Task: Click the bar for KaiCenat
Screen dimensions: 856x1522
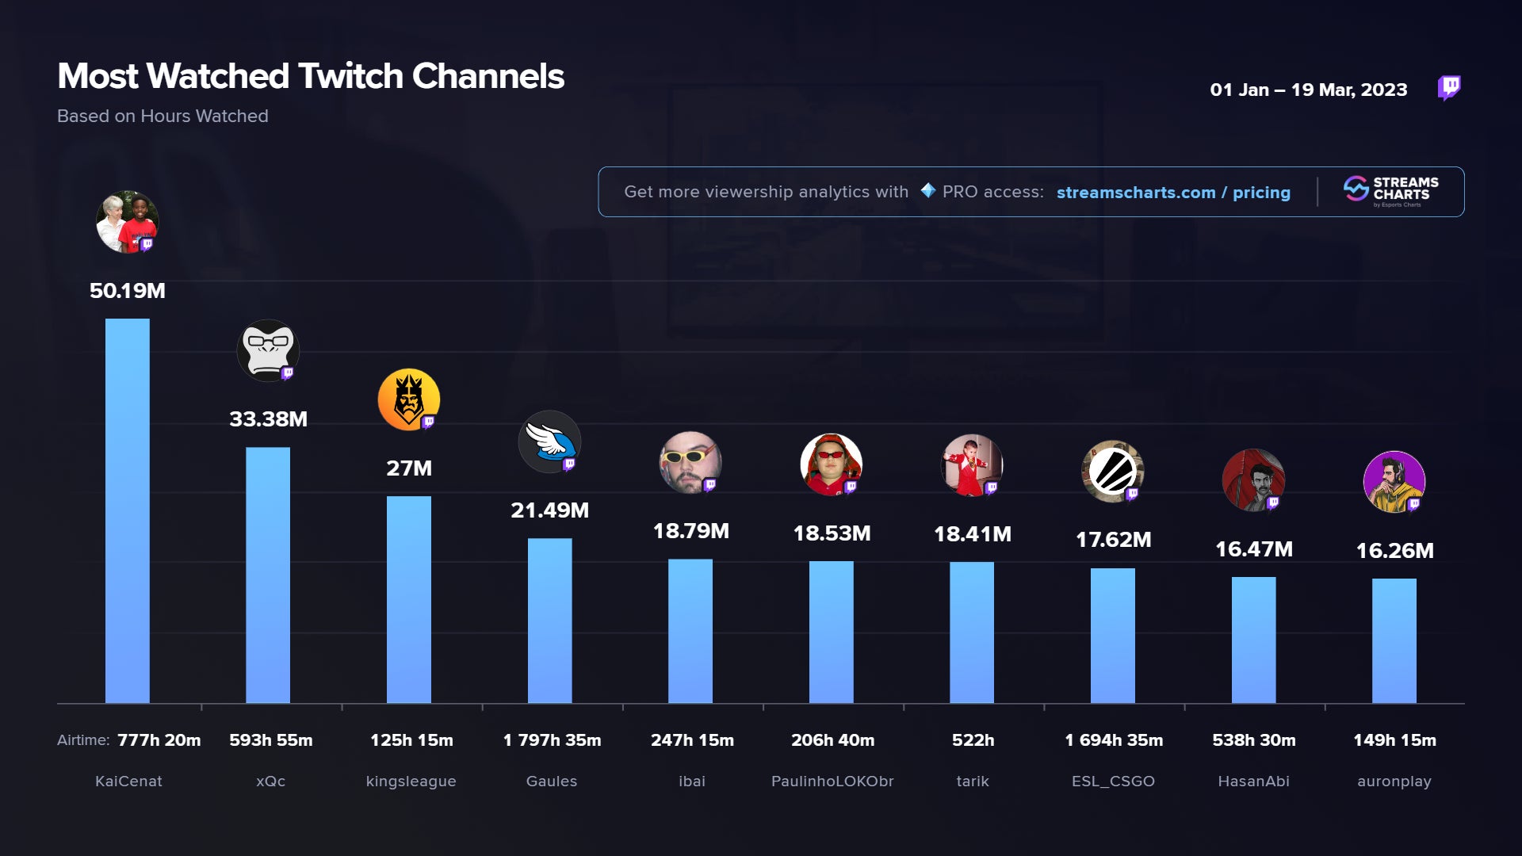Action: tap(127, 510)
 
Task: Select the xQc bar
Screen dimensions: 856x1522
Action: tap(268, 575)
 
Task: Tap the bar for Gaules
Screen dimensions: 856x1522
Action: tap(549, 621)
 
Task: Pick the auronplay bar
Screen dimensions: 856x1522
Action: tap(1394, 640)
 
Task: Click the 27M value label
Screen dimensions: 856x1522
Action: tap(409, 468)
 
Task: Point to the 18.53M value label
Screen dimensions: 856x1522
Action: tap(832, 533)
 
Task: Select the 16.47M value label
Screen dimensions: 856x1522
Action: tap(1254, 549)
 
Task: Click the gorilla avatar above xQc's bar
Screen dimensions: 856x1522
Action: tap(268, 350)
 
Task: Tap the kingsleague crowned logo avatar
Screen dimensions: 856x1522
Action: tap(409, 399)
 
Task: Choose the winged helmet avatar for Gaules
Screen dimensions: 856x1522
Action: tap(549, 441)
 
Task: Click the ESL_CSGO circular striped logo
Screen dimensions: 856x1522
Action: tap(1113, 472)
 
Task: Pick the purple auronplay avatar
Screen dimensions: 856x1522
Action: tap(1394, 482)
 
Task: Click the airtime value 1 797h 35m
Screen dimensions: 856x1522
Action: tap(552, 740)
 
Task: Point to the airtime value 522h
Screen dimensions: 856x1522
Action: tap(973, 740)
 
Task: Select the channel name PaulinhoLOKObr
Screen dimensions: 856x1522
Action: tap(832, 781)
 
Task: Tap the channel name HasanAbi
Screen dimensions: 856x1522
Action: tap(1253, 781)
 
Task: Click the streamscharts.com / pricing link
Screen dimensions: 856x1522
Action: tap(1173, 193)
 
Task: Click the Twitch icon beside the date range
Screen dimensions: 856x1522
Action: tap(1449, 87)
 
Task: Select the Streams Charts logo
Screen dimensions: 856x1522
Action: tap(1391, 191)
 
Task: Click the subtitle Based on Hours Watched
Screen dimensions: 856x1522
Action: tap(163, 117)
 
